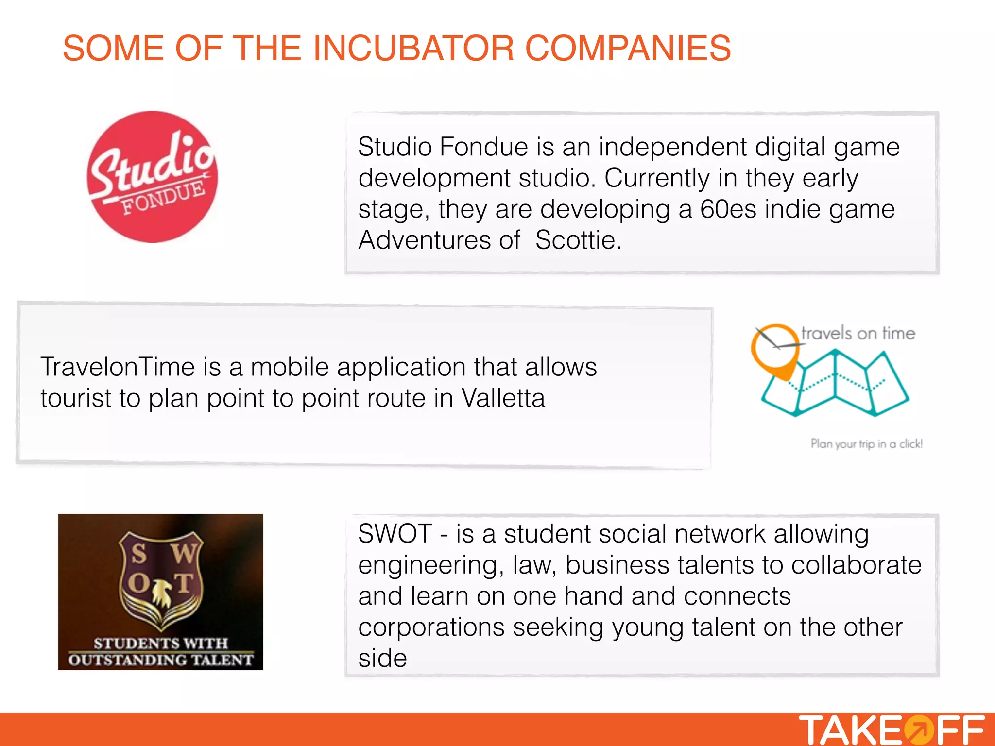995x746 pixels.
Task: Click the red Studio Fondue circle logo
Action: click(x=152, y=176)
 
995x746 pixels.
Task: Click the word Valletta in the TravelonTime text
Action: click(x=503, y=398)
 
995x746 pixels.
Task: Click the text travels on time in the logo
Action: click(x=858, y=333)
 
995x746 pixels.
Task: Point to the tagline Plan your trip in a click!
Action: click(x=866, y=443)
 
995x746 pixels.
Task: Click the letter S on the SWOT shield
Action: click(x=139, y=554)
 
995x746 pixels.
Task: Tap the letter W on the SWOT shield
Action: click(x=184, y=554)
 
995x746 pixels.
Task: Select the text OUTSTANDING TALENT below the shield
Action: click(x=161, y=660)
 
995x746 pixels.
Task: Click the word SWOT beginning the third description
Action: click(x=395, y=534)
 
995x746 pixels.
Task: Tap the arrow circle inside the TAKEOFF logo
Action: click(x=918, y=730)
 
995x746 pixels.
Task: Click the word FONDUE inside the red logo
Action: click(x=163, y=198)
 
